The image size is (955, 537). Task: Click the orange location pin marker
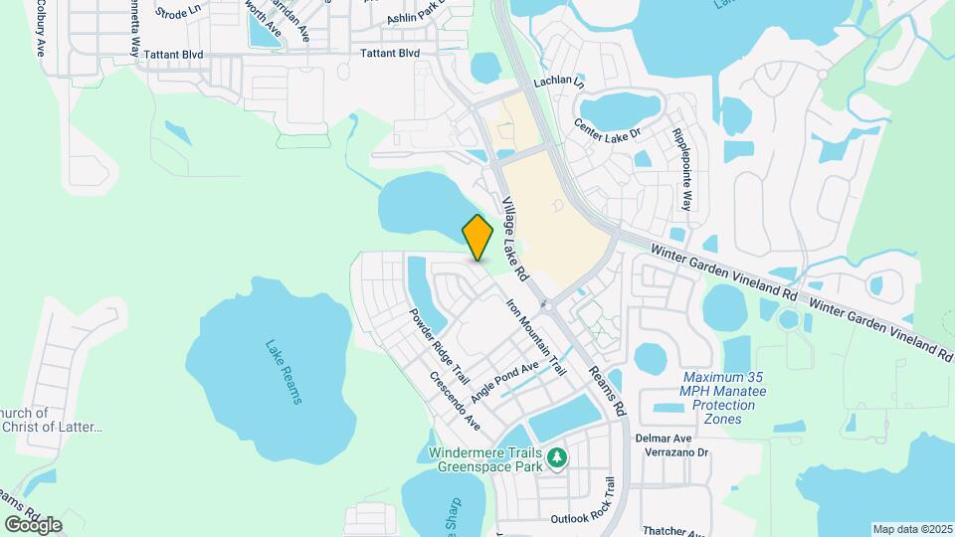coord(478,238)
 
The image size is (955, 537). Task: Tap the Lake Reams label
coord(283,372)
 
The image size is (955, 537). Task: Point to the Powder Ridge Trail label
coord(439,345)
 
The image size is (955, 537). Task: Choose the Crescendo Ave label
coord(455,401)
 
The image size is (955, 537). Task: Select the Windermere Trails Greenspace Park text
coord(482,457)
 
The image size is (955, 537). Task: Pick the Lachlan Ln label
coord(559,83)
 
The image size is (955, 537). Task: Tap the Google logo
coord(33,525)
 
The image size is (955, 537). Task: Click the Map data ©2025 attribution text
coord(912,529)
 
